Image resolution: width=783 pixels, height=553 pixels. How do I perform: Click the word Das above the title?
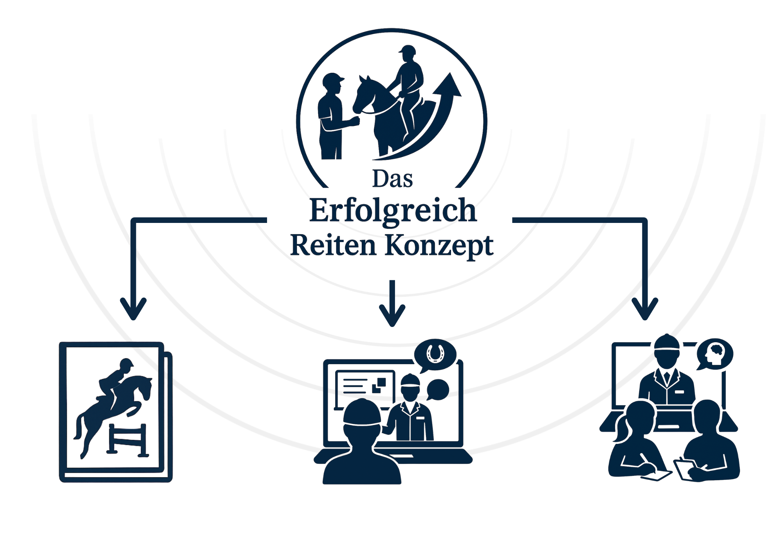[392, 179]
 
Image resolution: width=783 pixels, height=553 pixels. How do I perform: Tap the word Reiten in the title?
[333, 246]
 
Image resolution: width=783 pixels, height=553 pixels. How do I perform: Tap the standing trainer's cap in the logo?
[333, 79]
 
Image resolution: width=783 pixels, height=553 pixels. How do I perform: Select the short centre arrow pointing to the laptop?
[392, 305]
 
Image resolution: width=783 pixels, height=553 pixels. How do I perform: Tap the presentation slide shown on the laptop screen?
[364, 387]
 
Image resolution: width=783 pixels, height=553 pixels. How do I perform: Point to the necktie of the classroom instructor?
[667, 377]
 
